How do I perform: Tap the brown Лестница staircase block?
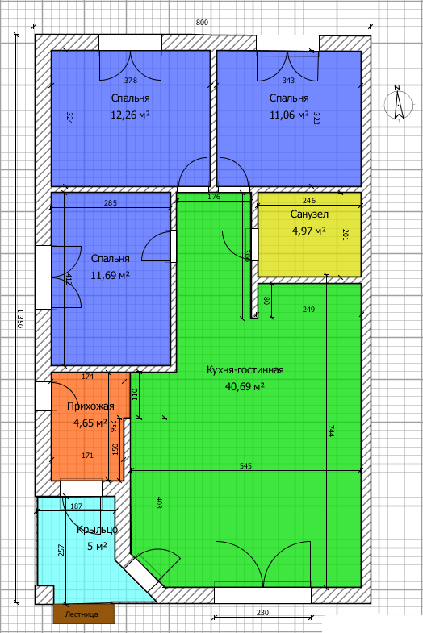click(84, 614)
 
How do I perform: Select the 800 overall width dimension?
click(202, 23)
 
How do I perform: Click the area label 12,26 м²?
click(130, 115)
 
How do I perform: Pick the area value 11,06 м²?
click(289, 115)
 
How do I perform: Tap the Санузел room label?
click(309, 214)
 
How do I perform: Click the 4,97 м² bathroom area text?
click(309, 231)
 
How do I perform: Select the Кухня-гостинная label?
click(245, 370)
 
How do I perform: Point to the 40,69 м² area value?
click(245, 387)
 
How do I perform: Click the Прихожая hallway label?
click(90, 406)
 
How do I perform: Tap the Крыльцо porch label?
click(97, 529)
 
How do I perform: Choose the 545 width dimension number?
click(245, 466)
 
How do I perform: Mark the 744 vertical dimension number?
click(330, 431)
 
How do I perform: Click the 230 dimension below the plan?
click(262, 612)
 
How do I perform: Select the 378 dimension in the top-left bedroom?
click(131, 81)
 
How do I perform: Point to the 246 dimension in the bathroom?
click(309, 200)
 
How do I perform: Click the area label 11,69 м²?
click(110, 276)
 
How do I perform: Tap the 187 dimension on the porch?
click(77, 506)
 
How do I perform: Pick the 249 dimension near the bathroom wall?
click(308, 310)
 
